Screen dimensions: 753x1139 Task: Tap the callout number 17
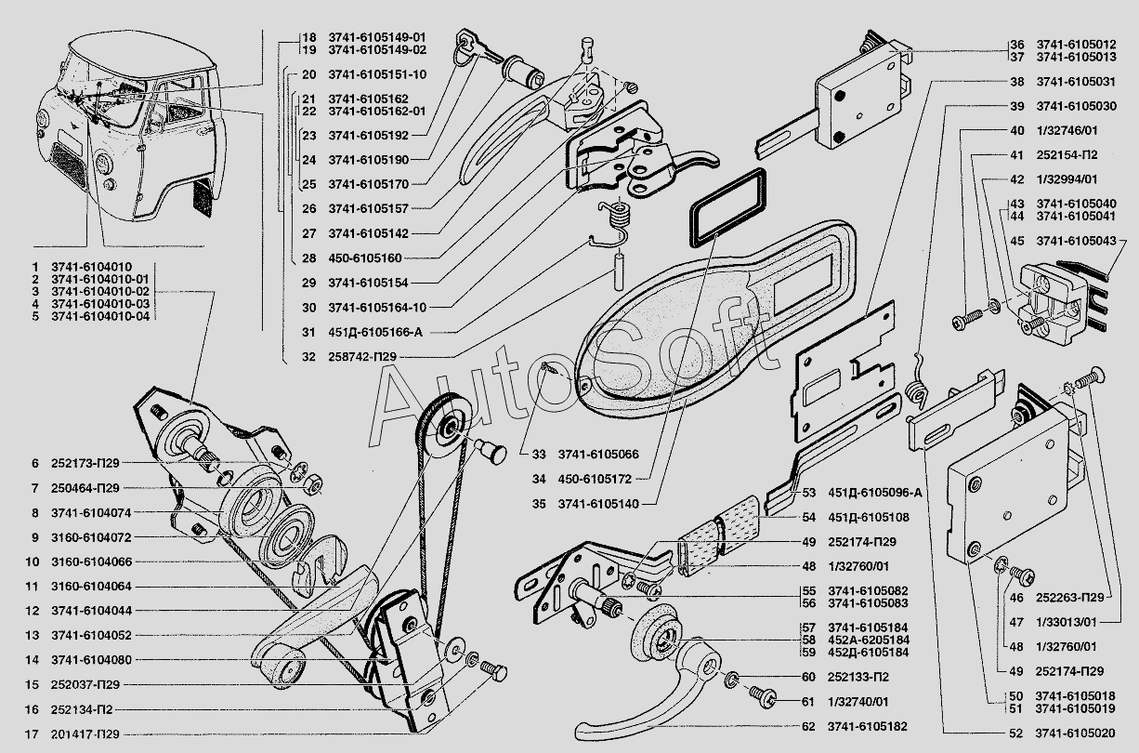[33, 733]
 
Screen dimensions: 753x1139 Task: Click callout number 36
[1017, 44]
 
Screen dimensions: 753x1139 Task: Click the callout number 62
[808, 726]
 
